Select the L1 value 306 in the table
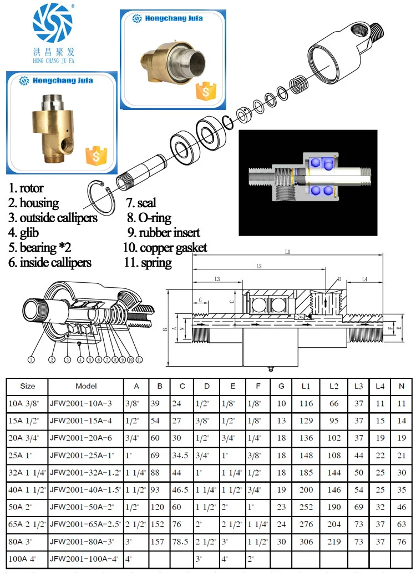(x=306, y=541)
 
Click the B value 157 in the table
(x=160, y=541)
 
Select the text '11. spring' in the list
(x=148, y=263)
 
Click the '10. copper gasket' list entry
(x=165, y=248)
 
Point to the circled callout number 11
(x=139, y=359)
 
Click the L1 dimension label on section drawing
(x=287, y=252)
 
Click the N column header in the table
(x=401, y=386)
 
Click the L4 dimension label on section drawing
(x=364, y=278)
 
